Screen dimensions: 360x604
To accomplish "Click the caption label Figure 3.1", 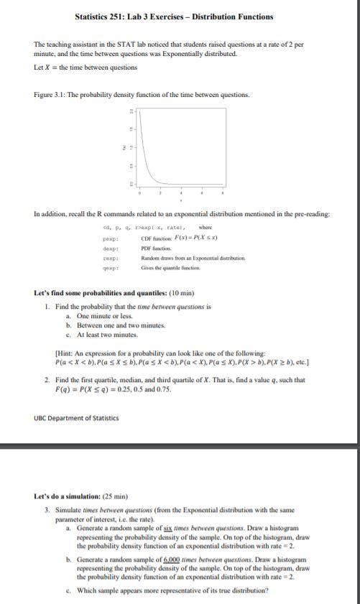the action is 50,95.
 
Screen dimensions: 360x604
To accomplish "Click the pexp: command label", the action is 111,238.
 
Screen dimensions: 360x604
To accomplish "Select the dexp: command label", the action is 111,248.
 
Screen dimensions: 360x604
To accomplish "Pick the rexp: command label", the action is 111,257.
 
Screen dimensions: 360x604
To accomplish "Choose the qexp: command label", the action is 111,267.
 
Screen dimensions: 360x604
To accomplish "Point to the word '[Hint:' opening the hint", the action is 65,353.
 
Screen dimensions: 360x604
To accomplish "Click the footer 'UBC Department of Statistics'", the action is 76,418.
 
